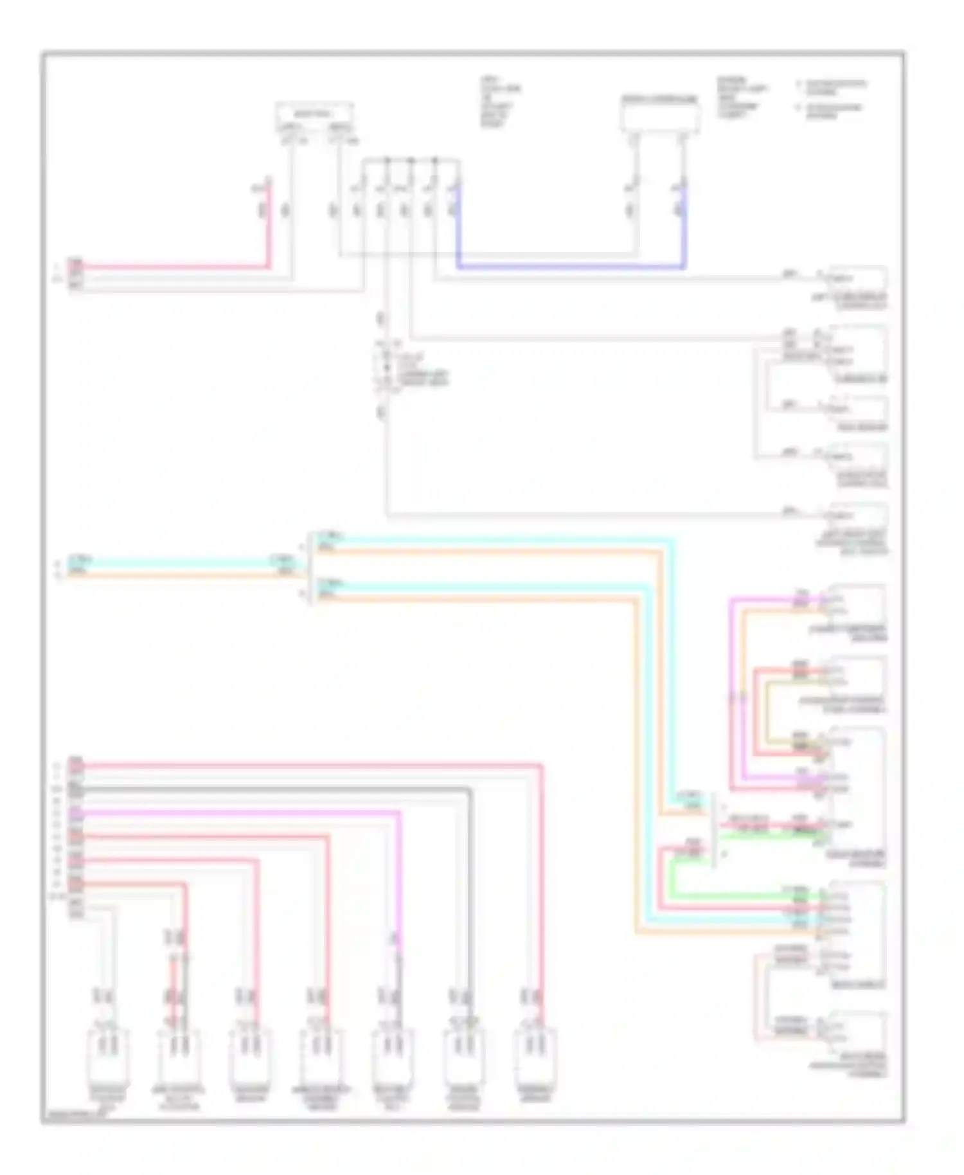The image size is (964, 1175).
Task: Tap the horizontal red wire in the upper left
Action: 174,267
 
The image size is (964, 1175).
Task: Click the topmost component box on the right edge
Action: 858,280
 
